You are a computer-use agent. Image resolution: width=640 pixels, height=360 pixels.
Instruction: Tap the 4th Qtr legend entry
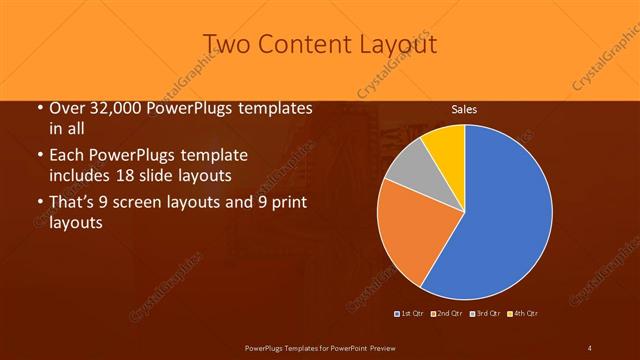coord(525,314)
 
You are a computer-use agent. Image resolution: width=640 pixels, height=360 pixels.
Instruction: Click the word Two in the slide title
coord(226,43)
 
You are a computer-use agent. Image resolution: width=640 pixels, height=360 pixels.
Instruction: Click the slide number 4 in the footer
coord(590,347)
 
